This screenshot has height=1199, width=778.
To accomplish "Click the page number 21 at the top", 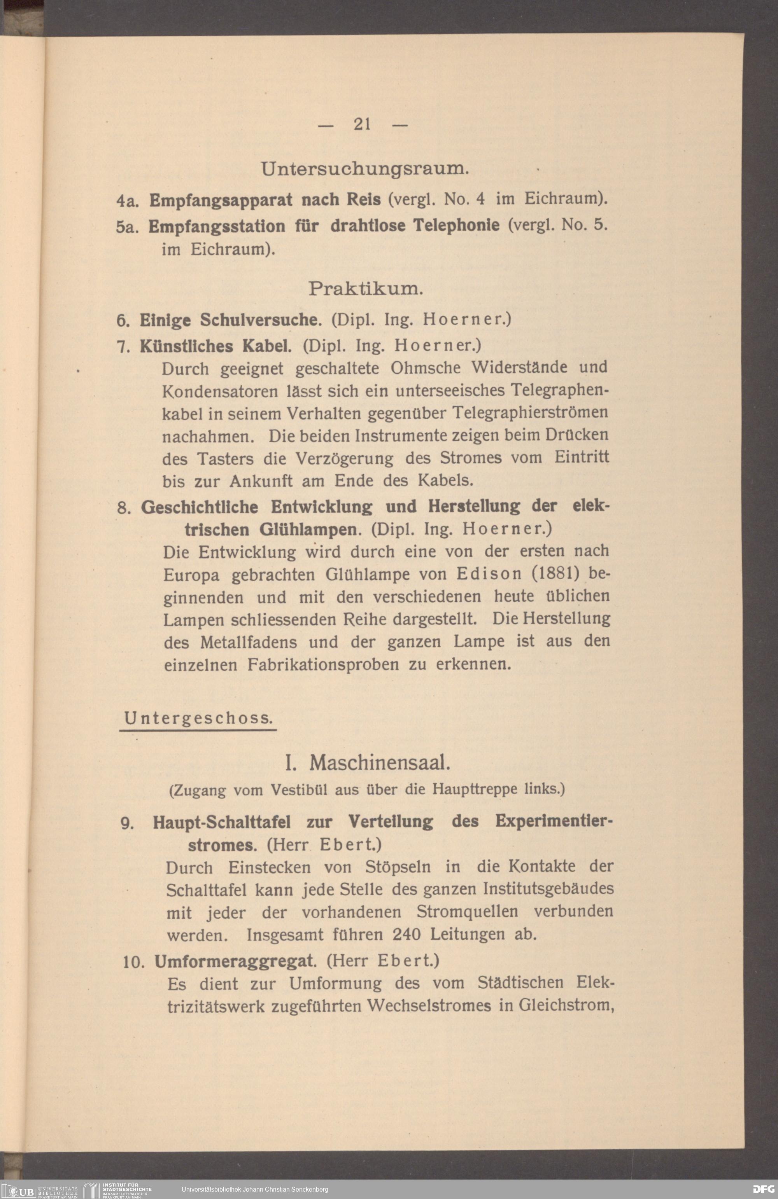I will click(363, 124).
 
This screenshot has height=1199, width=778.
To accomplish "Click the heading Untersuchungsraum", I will click(365, 169).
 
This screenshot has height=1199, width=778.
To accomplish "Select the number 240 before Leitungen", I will click(407, 935).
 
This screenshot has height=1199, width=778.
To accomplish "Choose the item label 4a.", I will click(124, 201).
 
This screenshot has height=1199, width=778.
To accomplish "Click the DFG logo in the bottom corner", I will click(763, 1189).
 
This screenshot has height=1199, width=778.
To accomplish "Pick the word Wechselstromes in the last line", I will click(429, 1006).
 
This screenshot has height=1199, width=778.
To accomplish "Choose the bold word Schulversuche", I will click(261, 320).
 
